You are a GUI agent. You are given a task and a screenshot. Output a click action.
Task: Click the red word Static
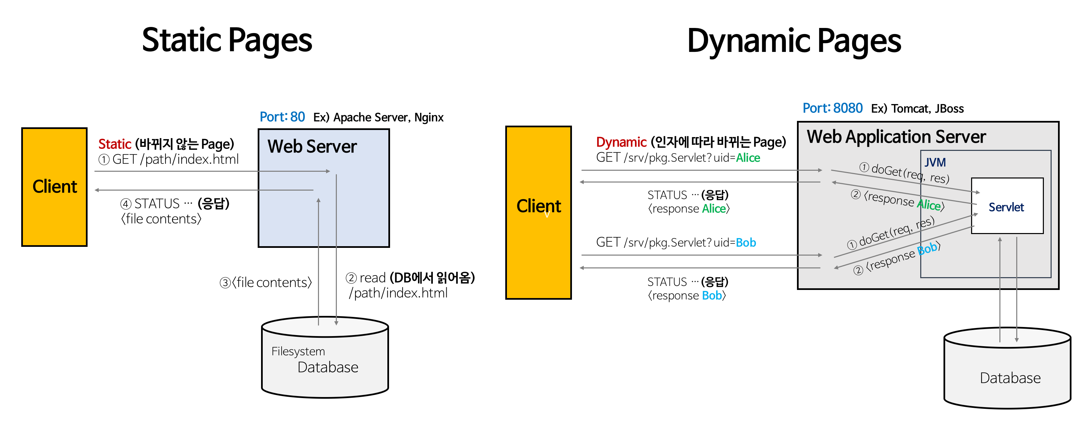tap(115, 144)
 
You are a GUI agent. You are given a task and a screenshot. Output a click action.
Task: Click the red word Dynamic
tap(621, 142)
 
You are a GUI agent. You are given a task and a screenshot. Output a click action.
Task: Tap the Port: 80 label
tap(282, 117)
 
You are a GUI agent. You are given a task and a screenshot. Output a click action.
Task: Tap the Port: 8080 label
tap(832, 108)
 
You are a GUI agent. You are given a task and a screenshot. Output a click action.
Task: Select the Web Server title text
tap(312, 146)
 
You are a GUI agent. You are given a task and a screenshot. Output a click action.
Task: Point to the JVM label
tap(935, 162)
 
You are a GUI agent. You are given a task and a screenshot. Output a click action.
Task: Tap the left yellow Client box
tap(55, 187)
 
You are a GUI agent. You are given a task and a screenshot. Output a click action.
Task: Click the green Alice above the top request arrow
tap(747, 158)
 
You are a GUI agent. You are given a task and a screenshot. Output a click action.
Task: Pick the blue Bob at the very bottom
tap(711, 295)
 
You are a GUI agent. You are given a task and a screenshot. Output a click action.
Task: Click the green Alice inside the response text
tap(928, 204)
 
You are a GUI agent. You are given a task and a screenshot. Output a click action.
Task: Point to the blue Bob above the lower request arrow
tap(746, 242)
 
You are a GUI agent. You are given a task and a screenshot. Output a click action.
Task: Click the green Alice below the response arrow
tap(714, 208)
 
